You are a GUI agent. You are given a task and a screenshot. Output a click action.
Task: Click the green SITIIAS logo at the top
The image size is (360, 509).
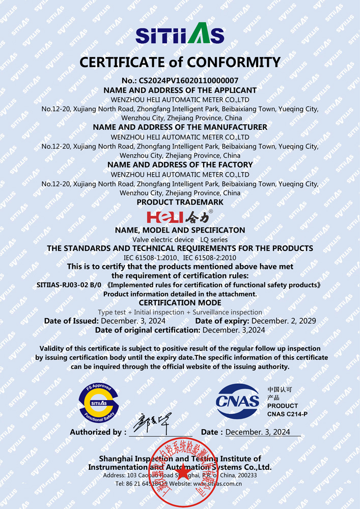tap(180, 34)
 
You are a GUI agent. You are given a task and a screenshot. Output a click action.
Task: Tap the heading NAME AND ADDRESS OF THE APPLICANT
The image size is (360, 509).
tap(180, 90)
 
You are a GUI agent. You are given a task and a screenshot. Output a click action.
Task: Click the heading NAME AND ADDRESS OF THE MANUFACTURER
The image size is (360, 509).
tap(180, 127)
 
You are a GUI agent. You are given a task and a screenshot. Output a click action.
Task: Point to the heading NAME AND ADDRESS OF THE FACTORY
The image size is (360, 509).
tap(180, 164)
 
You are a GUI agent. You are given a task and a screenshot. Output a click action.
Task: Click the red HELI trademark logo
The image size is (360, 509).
tap(160, 217)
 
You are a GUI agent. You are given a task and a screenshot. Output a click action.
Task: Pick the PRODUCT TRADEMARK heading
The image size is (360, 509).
tap(180, 202)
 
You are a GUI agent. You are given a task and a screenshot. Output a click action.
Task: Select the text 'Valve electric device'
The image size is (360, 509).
tap(163, 239)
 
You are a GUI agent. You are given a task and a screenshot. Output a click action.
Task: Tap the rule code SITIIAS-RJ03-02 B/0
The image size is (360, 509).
tap(69, 285)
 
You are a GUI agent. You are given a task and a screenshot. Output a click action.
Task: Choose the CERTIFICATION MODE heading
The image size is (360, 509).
tap(180, 303)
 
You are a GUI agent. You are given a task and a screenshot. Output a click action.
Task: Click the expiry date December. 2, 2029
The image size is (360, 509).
tap(284, 321)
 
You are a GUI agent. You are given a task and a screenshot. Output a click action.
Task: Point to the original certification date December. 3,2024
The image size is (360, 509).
tap(234, 330)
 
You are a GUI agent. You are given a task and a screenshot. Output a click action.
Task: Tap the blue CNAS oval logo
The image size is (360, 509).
tap(238, 401)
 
